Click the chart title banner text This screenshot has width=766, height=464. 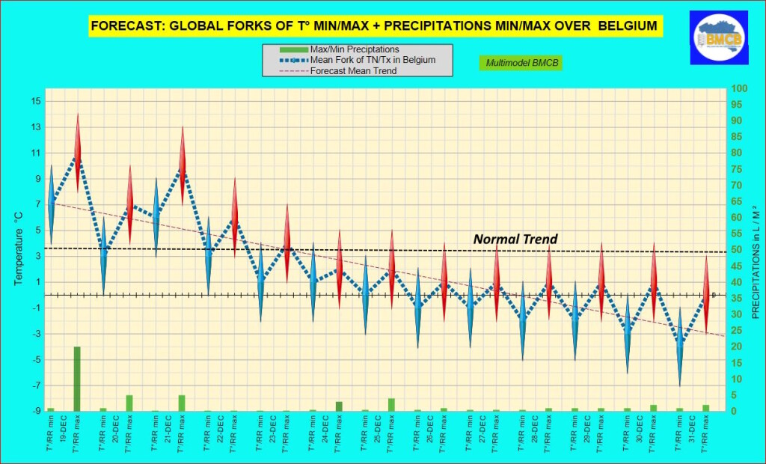tap(373, 26)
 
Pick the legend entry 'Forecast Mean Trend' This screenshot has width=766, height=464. tap(353, 71)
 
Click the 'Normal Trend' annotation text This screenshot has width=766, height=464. tap(515, 239)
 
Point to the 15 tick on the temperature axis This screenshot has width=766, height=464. tap(36, 101)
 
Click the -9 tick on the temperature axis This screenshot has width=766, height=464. tap(36, 411)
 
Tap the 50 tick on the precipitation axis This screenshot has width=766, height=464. tap(738, 250)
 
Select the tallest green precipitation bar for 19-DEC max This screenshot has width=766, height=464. tap(77, 379)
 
